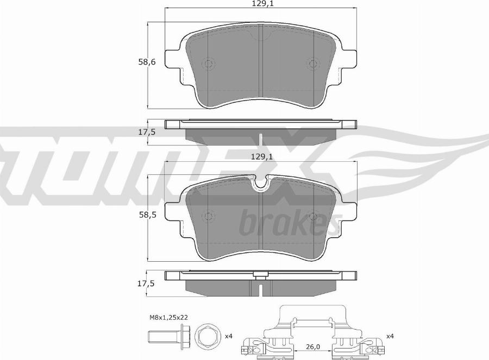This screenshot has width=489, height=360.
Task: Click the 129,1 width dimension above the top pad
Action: point(261,4)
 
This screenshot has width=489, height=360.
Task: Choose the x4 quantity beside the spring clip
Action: point(390,337)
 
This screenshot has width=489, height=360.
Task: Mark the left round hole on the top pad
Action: point(209,64)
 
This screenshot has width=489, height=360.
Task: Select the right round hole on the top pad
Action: point(312,64)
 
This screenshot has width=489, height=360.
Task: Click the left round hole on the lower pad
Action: point(209,216)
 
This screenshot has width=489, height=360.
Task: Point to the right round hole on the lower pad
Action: point(312,216)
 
